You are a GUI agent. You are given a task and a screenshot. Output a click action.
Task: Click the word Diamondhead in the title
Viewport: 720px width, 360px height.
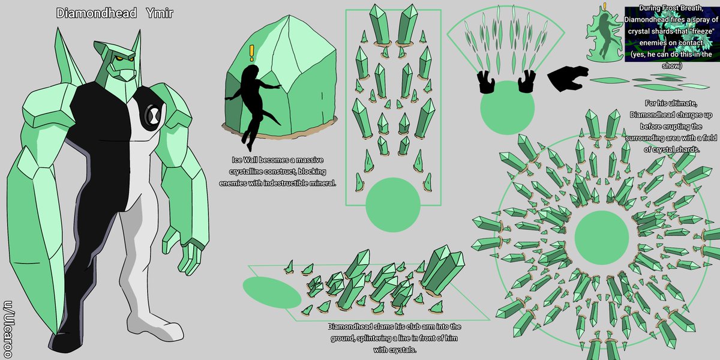[x=97, y=13]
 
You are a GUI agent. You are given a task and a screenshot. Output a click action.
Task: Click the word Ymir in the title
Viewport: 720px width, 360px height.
[x=160, y=13]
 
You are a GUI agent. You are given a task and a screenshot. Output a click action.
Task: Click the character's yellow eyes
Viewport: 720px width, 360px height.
[x=124, y=59]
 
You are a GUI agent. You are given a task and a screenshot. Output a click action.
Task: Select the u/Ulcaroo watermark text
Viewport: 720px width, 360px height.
[x=8, y=329]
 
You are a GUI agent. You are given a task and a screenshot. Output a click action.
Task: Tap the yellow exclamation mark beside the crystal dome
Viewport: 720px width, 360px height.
[x=251, y=53]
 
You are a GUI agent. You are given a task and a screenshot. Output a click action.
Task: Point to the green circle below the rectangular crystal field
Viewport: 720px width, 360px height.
[x=393, y=205]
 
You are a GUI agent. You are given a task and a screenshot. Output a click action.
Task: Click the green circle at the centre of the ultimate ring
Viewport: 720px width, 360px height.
[x=601, y=238]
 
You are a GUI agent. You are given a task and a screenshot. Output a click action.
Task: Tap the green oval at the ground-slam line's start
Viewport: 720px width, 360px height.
[x=272, y=292]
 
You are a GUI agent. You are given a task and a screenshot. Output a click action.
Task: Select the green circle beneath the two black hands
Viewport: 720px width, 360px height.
[x=507, y=107]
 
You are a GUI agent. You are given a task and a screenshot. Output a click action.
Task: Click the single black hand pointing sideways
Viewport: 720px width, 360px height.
[x=567, y=78]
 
